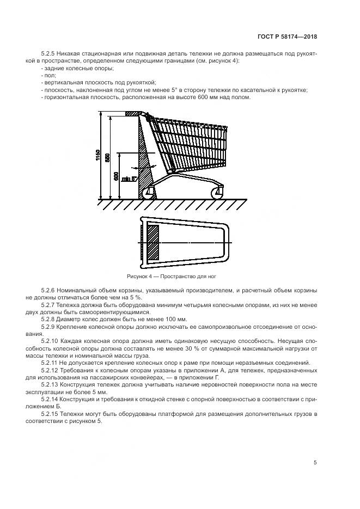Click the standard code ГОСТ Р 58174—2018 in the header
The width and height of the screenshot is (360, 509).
click(287, 37)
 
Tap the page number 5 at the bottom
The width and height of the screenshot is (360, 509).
click(315, 463)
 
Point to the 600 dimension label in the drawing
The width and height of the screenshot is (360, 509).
click(115, 176)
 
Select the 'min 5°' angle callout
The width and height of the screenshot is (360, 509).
click(129, 178)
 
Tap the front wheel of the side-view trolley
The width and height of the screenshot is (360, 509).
click(216, 192)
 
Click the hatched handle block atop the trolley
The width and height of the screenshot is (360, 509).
click(133, 114)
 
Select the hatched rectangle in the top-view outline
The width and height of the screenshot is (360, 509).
click(153, 242)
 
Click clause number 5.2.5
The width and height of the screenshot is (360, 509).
click(50, 54)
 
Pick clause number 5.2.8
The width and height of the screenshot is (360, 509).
click(50, 318)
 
